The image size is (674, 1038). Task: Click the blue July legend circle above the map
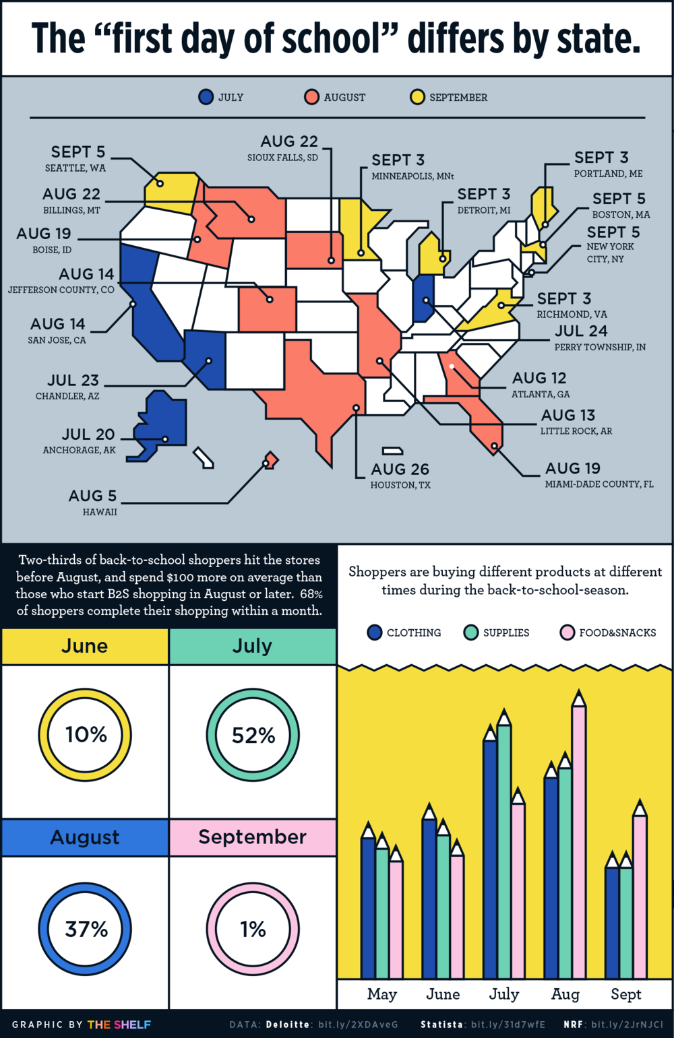pyautogui.click(x=206, y=97)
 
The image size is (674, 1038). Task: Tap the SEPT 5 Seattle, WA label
pyautogui.click(x=77, y=158)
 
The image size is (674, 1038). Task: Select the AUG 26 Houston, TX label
pyautogui.click(x=400, y=475)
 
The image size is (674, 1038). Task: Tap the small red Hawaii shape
pyautogui.click(x=270, y=460)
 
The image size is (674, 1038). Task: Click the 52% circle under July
pyautogui.click(x=253, y=735)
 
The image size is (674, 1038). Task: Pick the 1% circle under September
pyautogui.click(x=253, y=930)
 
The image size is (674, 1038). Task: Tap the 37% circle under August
pyautogui.click(x=85, y=930)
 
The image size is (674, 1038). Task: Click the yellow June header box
pyautogui.click(x=85, y=646)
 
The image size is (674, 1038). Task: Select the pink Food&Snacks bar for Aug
pyautogui.click(x=578, y=835)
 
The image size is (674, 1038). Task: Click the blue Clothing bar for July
pyautogui.click(x=490, y=855)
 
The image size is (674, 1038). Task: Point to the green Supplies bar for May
pyautogui.click(x=382, y=909)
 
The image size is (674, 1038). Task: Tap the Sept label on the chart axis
pyautogui.click(x=625, y=994)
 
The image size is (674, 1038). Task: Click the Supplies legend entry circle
pyautogui.click(x=471, y=632)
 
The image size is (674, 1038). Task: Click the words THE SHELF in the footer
pyautogui.click(x=119, y=1025)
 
